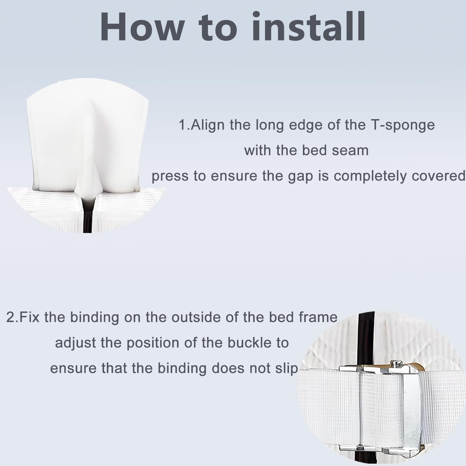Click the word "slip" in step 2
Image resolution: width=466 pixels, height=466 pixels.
coord(287,368)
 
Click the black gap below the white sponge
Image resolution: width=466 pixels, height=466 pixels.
coord(87,217)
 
